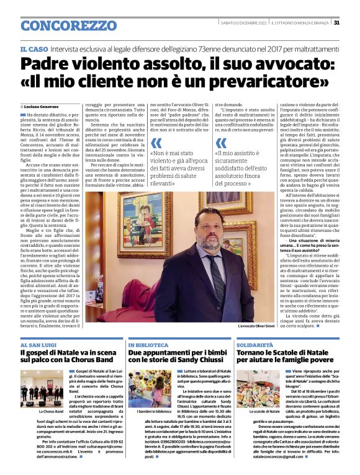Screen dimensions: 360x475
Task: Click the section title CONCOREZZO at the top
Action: (x=60, y=25)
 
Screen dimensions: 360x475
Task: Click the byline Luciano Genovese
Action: (x=42, y=108)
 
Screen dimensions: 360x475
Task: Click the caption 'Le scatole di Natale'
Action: (x=259, y=411)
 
